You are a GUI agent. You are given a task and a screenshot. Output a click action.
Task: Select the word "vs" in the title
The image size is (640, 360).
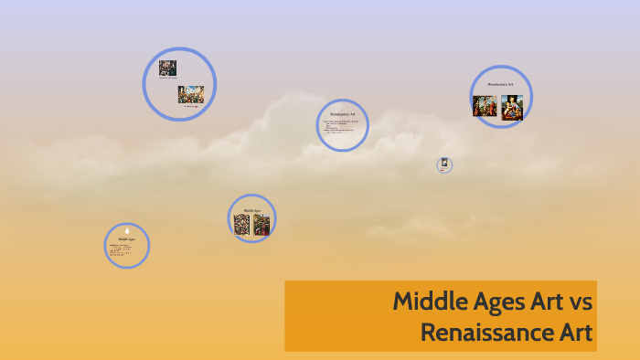point(581,301)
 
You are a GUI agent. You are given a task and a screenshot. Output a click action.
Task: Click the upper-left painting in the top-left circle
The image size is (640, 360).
point(167,68)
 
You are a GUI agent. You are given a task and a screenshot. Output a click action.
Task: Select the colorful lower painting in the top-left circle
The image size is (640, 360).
point(191,94)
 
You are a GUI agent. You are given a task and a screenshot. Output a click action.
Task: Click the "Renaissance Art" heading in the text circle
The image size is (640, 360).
point(342,113)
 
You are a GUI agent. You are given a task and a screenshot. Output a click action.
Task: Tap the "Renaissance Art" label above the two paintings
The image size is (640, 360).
point(500,84)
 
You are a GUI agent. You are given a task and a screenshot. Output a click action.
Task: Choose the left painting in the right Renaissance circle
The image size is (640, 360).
point(485,106)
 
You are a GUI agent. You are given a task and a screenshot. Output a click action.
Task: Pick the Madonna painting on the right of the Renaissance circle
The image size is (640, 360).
point(512,107)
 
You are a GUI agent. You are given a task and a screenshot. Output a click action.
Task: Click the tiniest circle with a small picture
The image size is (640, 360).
point(444,165)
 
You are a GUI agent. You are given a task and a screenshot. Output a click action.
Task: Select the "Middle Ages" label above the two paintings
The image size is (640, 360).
point(251,210)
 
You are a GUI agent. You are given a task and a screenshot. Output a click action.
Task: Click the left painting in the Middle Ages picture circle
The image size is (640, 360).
point(241,224)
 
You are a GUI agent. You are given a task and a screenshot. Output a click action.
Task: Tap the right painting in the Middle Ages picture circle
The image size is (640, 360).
point(261,224)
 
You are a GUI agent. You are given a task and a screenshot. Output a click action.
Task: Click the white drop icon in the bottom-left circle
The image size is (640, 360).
point(127,230)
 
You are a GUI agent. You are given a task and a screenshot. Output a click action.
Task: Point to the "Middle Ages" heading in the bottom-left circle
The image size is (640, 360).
point(126,239)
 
